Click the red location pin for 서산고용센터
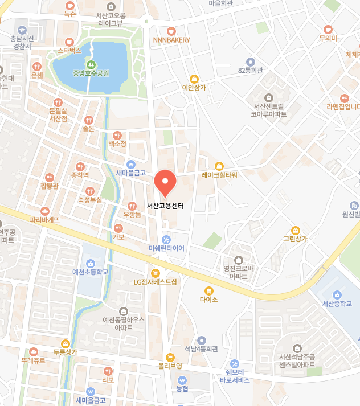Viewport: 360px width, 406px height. (165, 183)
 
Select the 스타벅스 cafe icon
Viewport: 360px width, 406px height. (69, 42)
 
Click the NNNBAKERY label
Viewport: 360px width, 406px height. (171, 40)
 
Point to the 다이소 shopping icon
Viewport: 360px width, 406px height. (209, 290)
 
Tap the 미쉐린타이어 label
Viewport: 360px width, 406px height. (166, 248)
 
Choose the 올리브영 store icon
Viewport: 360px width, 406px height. (170, 356)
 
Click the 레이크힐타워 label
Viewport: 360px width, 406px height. (219, 175)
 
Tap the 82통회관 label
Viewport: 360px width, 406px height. (250, 71)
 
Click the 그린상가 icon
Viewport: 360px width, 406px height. (295, 229)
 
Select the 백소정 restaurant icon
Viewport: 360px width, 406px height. (117, 135)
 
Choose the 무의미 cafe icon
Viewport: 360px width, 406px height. (328, 29)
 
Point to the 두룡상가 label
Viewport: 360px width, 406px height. (65, 352)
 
